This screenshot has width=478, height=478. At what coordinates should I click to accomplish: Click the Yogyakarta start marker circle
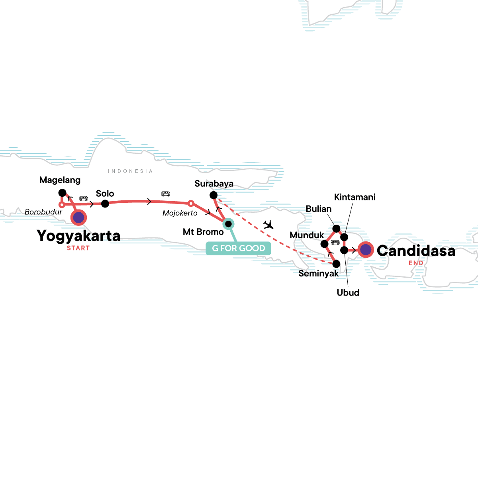(x=79, y=217)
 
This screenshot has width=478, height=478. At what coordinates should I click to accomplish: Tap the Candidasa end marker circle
(x=366, y=250)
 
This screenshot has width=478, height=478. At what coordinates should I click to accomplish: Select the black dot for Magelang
(x=62, y=193)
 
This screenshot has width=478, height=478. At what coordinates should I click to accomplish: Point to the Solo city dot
(x=105, y=204)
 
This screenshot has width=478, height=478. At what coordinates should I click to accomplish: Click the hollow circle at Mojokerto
(x=191, y=204)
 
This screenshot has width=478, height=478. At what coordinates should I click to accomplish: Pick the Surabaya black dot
(x=214, y=195)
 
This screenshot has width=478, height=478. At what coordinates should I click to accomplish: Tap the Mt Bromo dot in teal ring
(x=228, y=224)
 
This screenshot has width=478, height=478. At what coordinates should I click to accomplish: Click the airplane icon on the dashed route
(x=269, y=225)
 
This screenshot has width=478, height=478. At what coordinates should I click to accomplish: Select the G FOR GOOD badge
(x=238, y=248)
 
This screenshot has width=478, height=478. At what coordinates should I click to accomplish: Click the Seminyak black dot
(x=336, y=264)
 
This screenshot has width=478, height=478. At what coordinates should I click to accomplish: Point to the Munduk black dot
(x=325, y=243)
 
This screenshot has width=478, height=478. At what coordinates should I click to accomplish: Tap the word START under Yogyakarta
(x=78, y=248)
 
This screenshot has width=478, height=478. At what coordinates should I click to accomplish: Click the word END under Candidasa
(x=416, y=263)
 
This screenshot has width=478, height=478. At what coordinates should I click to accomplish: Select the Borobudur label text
(x=43, y=212)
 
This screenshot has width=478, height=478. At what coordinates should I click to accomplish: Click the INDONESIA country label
(x=130, y=171)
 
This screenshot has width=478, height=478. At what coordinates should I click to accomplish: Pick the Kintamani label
(x=355, y=197)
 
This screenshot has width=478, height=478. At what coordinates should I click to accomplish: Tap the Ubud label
(x=348, y=292)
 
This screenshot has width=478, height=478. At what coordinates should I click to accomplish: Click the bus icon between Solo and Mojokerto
(x=166, y=194)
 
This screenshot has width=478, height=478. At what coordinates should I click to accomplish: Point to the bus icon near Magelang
(x=84, y=198)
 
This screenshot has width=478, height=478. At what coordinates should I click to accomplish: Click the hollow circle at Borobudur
(x=62, y=205)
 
